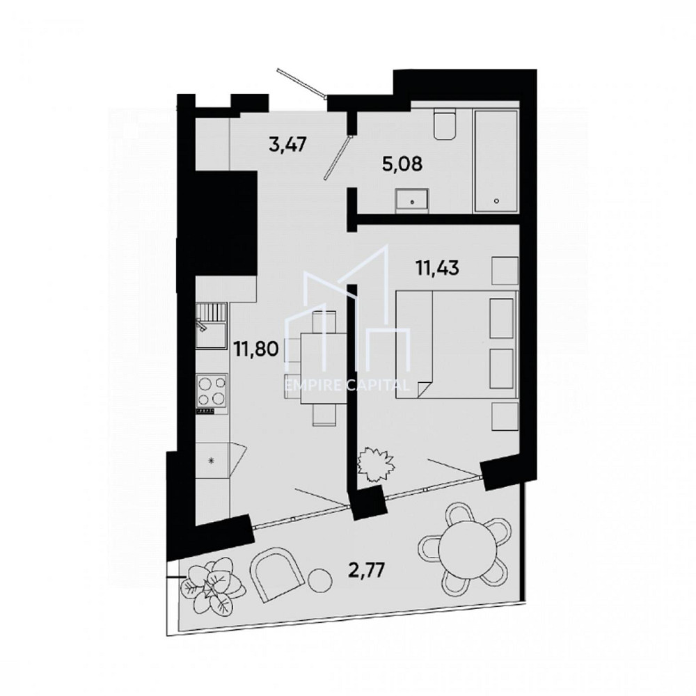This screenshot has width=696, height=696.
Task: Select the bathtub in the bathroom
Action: pos(496,161)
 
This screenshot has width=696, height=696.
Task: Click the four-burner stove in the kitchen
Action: pos(212,390)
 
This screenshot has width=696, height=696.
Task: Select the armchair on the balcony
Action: pos(278,574)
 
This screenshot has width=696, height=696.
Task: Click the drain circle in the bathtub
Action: pos(496,201)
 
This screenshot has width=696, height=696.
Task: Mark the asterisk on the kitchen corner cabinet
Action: pos(212,460)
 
